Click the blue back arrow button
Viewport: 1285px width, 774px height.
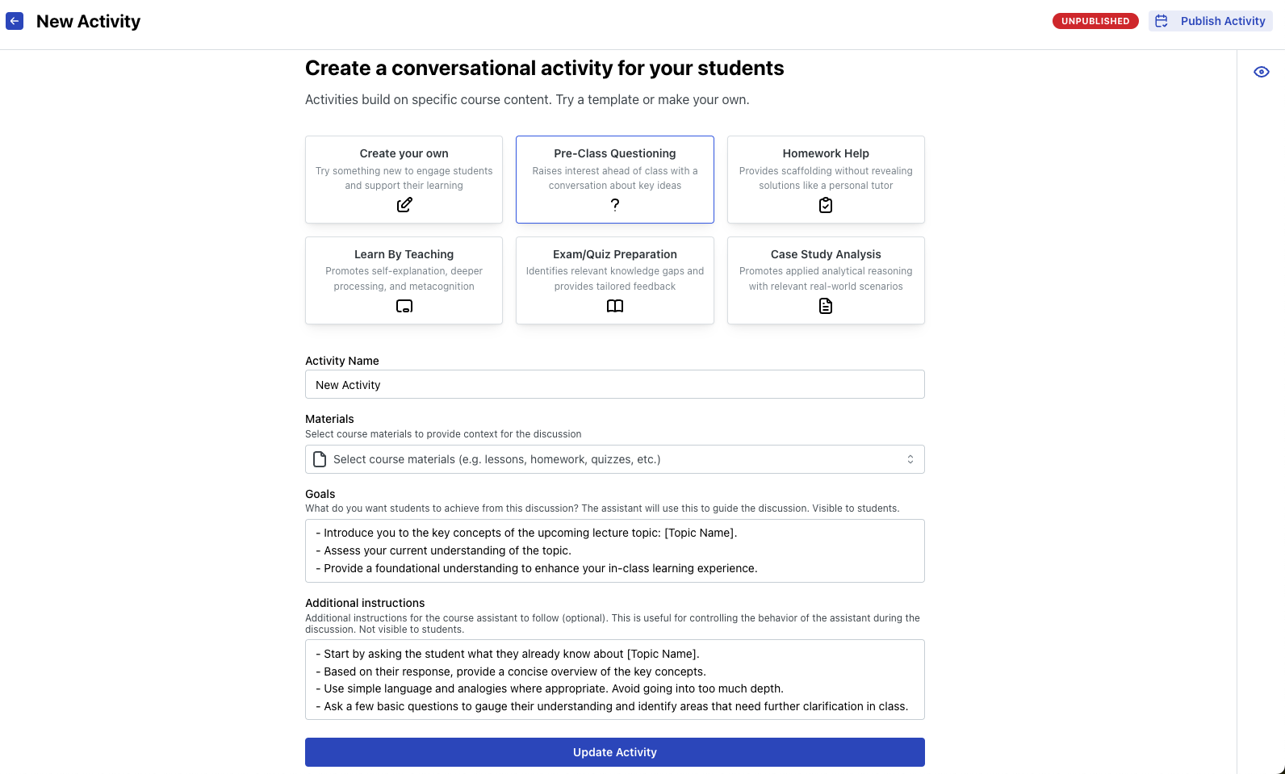pos(15,21)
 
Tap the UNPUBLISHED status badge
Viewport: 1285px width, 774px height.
pos(1095,21)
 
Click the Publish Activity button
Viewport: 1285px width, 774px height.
pos(1210,21)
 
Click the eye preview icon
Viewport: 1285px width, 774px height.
pos(1261,72)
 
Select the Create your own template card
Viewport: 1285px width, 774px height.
pos(404,179)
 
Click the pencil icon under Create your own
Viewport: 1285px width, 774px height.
pos(404,205)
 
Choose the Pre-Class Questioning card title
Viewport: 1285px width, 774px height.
pos(614,153)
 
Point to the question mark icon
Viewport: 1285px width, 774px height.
pos(615,205)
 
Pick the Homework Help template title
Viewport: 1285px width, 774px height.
pos(825,153)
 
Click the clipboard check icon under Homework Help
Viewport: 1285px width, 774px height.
pos(826,205)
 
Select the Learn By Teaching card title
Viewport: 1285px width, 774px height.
pos(404,254)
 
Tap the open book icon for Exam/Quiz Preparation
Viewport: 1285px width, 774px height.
pos(615,306)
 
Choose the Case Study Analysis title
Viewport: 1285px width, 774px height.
pos(825,254)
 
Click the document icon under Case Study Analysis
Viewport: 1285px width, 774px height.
pos(826,306)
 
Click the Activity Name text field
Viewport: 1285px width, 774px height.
pos(614,384)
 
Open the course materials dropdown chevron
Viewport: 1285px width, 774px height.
pos(910,459)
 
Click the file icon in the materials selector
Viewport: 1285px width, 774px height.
pos(320,459)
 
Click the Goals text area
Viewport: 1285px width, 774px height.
pos(614,550)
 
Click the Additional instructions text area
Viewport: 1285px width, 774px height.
pos(614,680)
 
